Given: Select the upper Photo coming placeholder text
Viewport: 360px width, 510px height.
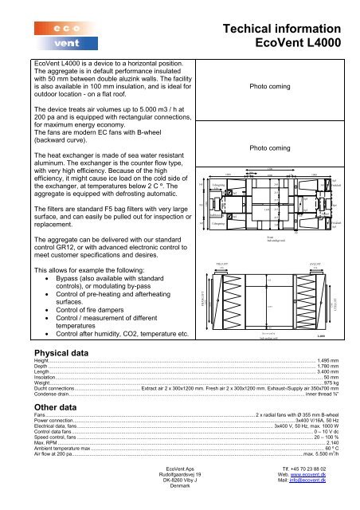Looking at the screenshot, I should point(272,85).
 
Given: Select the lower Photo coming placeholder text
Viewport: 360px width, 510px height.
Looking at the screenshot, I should point(272,147).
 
